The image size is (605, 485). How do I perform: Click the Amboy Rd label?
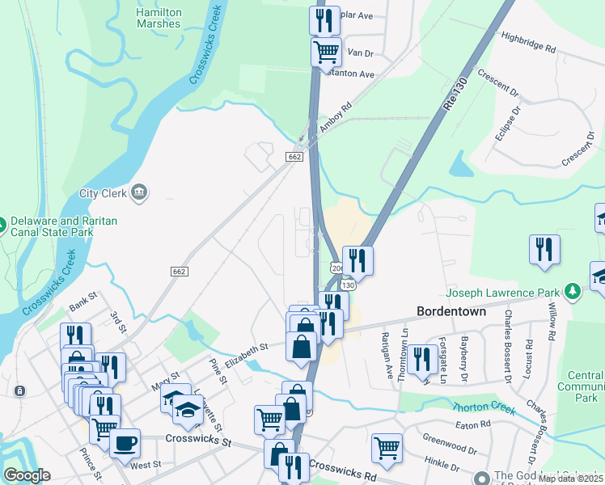336,117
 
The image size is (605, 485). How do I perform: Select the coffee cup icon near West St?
125,443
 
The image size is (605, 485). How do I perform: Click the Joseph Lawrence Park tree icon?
573,289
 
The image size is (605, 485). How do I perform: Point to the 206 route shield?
336,268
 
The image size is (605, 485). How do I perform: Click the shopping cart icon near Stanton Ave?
325,52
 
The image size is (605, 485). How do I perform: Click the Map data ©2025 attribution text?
571,479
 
